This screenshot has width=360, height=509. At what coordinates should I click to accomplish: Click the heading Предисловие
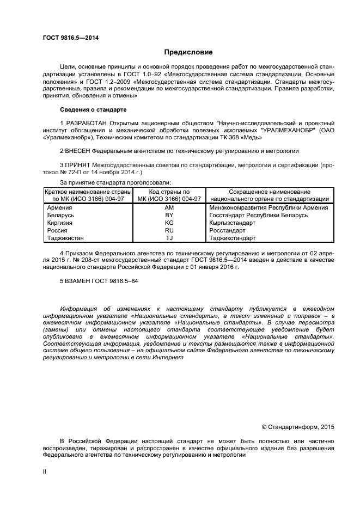(188, 52)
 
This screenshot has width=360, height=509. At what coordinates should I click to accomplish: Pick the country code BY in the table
(169, 215)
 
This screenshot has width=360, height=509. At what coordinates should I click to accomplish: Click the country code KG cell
(169, 223)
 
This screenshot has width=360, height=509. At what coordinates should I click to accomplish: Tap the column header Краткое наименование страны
(88, 192)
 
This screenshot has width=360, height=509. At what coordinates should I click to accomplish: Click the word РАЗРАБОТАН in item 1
(86, 123)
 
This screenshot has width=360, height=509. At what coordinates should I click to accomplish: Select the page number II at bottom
(45, 473)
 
